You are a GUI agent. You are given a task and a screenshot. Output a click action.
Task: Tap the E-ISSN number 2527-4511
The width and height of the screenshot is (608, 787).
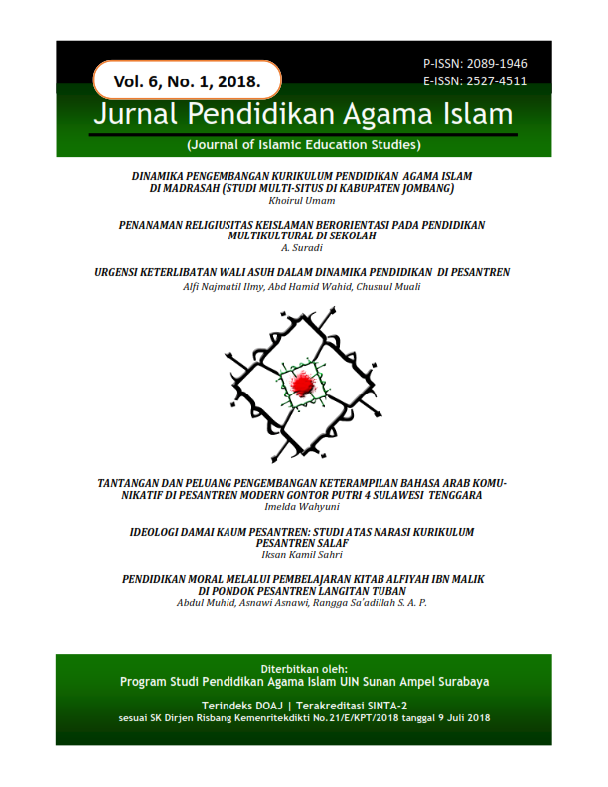[x=474, y=81]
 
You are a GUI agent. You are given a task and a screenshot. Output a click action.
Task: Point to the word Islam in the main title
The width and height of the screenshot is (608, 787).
[x=476, y=115]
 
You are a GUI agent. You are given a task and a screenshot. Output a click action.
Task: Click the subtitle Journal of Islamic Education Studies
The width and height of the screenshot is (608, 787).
[x=303, y=144]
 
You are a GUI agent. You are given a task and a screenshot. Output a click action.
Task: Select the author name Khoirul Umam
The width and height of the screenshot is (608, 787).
[x=303, y=199]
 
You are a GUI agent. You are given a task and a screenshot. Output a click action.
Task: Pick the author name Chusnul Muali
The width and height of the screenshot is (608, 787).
[x=392, y=286]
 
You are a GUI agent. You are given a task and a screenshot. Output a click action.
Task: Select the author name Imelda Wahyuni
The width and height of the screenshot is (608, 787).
[x=303, y=505]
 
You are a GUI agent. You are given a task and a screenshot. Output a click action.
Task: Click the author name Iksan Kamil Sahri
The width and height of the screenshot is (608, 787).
[x=303, y=556]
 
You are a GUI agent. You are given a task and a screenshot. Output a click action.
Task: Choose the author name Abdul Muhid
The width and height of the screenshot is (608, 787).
[x=205, y=603]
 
